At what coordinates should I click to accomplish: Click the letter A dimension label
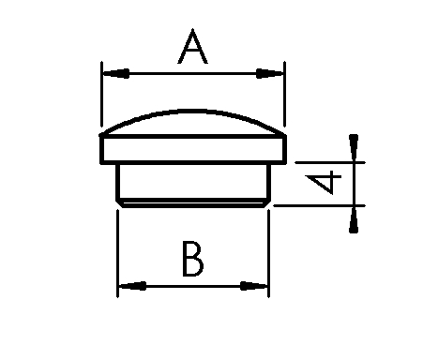pyautogui.click(x=192, y=46)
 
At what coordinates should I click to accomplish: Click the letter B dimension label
pyautogui.click(x=193, y=259)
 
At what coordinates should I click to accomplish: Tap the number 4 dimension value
pyautogui.click(x=324, y=182)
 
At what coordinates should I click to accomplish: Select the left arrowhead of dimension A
pyautogui.click(x=116, y=74)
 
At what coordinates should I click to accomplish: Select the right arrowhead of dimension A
pyautogui.click(x=269, y=74)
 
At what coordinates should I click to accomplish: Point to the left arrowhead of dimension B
pyautogui.click(x=132, y=286)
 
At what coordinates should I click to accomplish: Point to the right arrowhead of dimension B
pyautogui.click(x=253, y=286)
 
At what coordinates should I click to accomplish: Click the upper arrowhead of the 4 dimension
pyautogui.click(x=354, y=147)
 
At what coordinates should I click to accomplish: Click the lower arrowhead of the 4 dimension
pyautogui.click(x=354, y=220)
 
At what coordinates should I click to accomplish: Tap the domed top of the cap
pyautogui.click(x=193, y=112)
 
